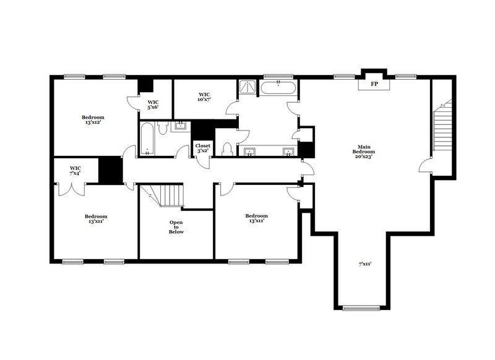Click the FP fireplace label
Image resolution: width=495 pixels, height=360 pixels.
374,84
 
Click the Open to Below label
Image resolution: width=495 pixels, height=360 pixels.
176,227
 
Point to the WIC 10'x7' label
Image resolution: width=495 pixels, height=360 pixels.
205,97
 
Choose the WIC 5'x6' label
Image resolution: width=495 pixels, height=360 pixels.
153,105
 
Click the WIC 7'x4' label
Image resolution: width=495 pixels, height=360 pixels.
75,170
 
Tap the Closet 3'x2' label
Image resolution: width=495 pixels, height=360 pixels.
203,148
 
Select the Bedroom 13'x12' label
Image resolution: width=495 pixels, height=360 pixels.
93,119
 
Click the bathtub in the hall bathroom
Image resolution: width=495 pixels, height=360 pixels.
147,139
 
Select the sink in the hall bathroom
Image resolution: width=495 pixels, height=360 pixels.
181,126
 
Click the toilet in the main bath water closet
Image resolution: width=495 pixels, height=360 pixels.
228,148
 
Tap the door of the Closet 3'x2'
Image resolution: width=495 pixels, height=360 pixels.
203,162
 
